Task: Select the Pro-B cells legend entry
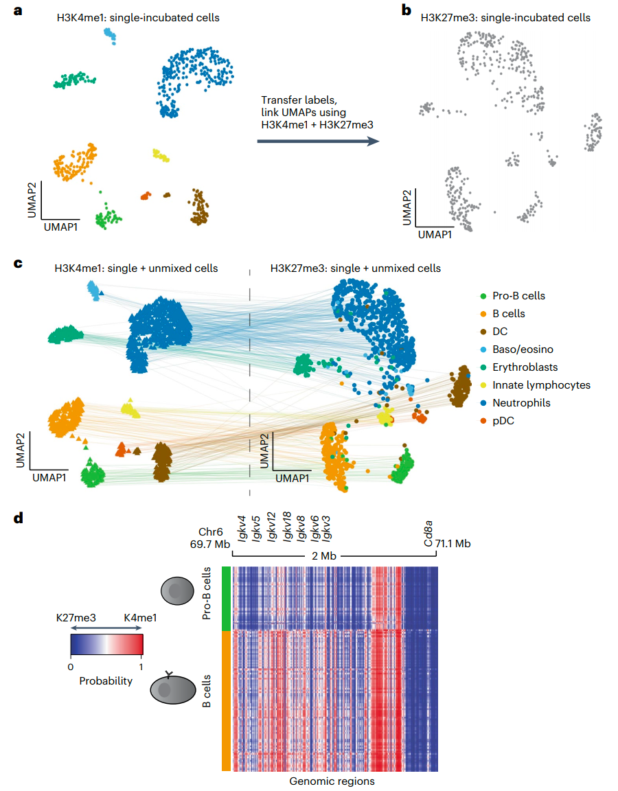[x=514, y=296]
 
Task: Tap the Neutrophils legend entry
[x=512, y=403]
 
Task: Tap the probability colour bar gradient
[x=106, y=645]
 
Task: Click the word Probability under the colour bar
[x=106, y=681]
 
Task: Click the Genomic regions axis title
[x=332, y=781]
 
